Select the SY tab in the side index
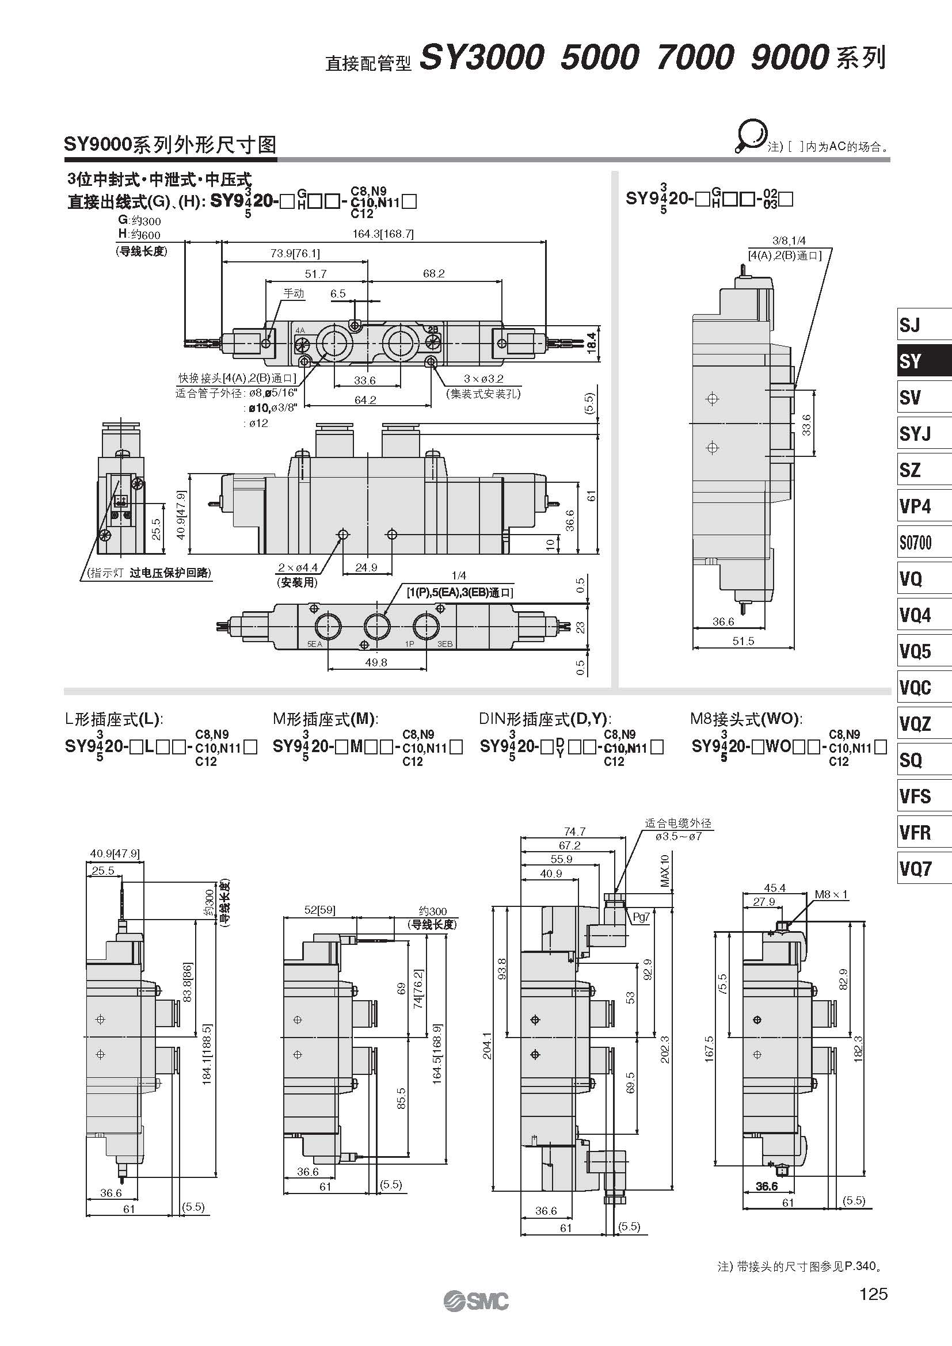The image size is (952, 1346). click(x=924, y=361)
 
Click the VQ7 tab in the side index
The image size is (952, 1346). click(x=924, y=867)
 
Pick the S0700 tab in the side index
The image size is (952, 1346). click(x=924, y=542)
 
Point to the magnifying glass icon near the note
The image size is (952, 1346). click(x=751, y=136)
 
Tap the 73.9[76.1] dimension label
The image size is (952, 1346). click(x=295, y=254)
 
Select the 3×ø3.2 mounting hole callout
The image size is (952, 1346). click(x=483, y=379)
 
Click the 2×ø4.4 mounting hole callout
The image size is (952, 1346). click(x=298, y=567)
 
